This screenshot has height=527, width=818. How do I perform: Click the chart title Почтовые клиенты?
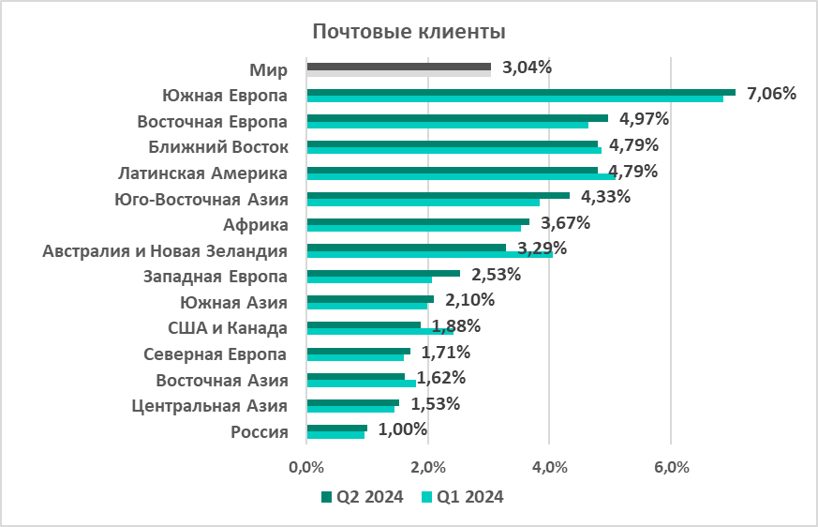(409, 32)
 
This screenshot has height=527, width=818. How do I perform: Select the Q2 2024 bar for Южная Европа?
(521, 92)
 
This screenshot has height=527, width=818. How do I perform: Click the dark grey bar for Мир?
(398, 66)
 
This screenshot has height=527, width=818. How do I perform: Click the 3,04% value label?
(527, 68)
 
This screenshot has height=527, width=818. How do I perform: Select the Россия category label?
(258, 431)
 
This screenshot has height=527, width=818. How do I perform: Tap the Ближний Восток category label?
(217, 146)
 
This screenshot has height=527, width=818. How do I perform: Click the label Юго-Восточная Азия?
(200, 198)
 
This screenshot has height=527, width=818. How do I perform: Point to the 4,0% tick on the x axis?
(549, 468)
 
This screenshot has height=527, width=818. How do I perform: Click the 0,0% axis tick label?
(306, 468)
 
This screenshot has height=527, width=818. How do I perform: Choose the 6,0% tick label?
(671, 468)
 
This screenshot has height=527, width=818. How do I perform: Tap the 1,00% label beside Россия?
(403, 429)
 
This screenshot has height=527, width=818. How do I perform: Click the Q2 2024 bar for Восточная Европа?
(457, 118)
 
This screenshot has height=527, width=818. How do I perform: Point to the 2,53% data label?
(496, 275)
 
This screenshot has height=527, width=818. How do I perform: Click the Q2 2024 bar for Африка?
(418, 221)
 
